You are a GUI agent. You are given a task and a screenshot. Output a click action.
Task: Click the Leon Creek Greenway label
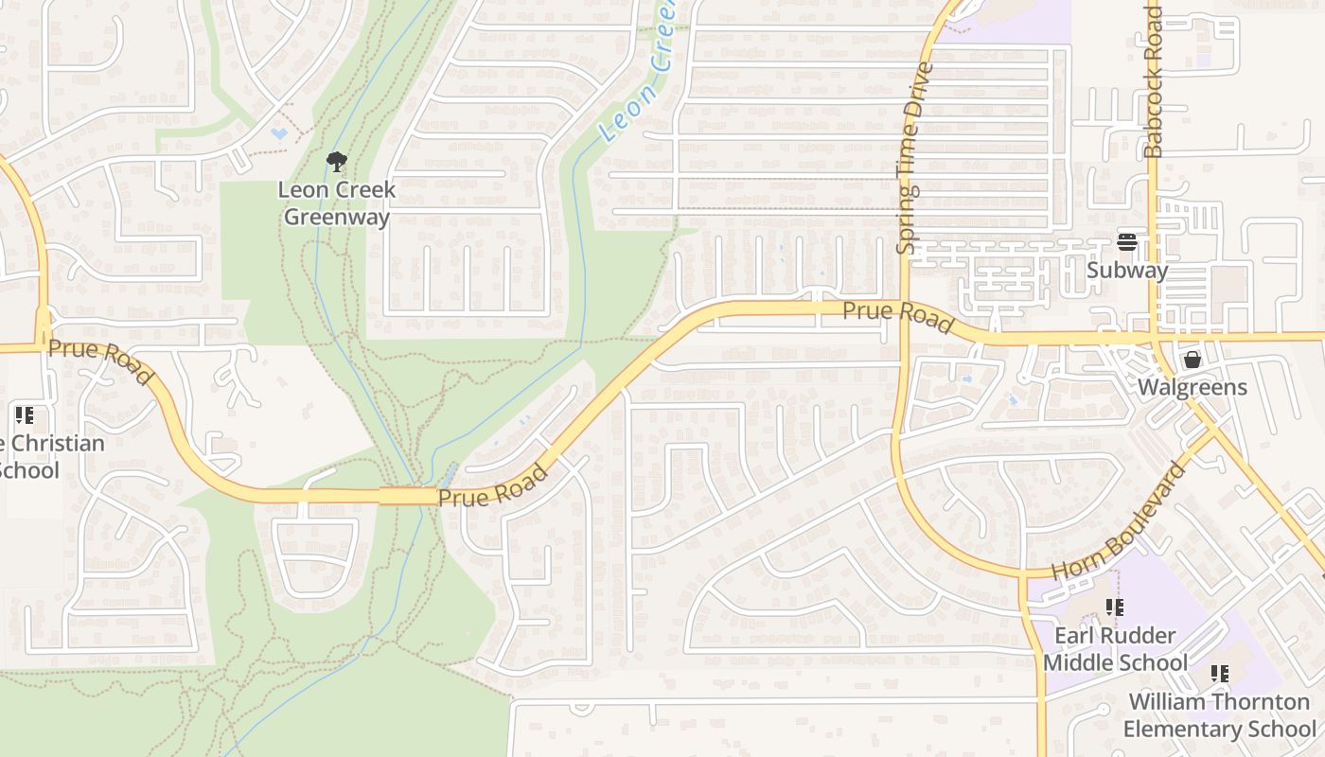tap(337, 203)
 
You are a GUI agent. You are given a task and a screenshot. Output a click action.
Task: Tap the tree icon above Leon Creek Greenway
tap(336, 163)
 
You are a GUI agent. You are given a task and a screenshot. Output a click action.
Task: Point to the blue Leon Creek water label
tap(636, 76)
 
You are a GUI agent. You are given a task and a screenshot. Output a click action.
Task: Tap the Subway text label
tap(1126, 271)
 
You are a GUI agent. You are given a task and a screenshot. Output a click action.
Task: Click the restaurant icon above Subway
tap(1126, 241)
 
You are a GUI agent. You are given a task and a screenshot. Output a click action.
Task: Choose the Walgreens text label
tap(1192, 387)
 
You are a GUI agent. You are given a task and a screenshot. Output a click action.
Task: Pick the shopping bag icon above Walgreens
tap(1192, 360)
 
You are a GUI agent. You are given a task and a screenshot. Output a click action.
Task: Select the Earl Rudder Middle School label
tap(1115, 649)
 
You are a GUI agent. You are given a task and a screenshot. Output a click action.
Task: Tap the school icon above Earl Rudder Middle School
tap(1115, 607)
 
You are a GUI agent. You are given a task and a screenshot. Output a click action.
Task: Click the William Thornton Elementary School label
tap(1219, 715)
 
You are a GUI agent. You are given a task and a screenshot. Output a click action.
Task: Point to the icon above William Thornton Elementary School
tap(1220, 674)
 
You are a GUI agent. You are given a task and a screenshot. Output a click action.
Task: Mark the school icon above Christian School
tap(25, 415)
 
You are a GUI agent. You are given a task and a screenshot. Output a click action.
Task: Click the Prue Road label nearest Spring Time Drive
tap(897, 317)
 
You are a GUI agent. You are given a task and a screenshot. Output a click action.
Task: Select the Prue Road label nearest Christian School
tap(99, 361)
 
